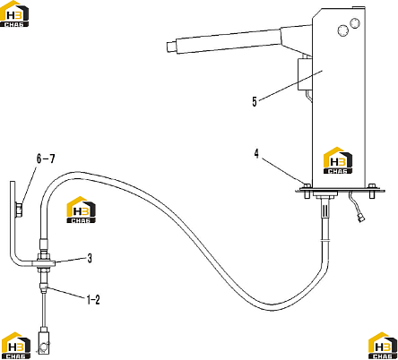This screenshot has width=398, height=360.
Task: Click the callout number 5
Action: [x=255, y=101]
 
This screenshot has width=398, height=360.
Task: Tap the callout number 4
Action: [x=256, y=154]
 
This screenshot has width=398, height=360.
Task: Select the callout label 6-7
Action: [x=46, y=159]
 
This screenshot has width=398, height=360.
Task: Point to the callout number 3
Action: [x=90, y=258]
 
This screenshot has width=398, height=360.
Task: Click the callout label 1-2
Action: [x=93, y=300]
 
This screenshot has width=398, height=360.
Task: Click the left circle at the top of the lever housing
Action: [x=342, y=30]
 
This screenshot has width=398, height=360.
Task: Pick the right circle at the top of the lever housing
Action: [x=355, y=23]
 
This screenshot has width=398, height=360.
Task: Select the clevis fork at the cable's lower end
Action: [x=44, y=342]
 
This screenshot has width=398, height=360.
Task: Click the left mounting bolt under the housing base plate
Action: [x=307, y=191]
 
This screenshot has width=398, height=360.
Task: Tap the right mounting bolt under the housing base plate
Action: [x=372, y=191]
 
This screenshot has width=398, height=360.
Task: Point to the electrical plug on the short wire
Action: [x=360, y=219]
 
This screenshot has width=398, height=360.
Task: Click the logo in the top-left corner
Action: [x=14, y=14]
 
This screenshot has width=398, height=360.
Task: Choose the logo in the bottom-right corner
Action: [x=383, y=346]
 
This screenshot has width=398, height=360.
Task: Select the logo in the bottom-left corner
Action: [x=15, y=346]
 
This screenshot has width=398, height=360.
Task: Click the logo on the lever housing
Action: [x=338, y=160]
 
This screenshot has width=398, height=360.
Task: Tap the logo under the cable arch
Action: [x=81, y=210]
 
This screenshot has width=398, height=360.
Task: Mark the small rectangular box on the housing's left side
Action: [x=305, y=74]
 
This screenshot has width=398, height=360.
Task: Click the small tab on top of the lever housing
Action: [x=359, y=7]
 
